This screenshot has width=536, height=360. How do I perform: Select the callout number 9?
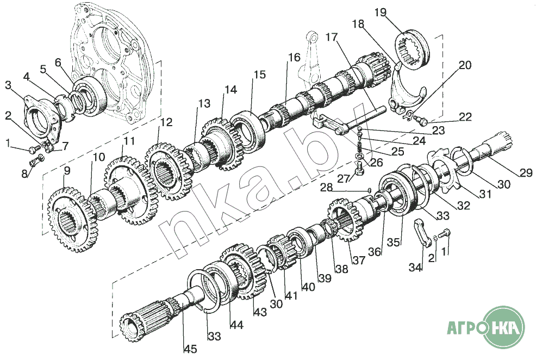tap(67, 171)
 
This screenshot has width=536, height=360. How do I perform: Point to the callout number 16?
tap(294, 58)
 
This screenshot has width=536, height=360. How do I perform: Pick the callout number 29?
tap(526, 173)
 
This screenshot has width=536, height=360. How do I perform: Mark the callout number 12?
tap(165, 122)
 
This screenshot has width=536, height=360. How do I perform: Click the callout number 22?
tap(465, 117)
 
